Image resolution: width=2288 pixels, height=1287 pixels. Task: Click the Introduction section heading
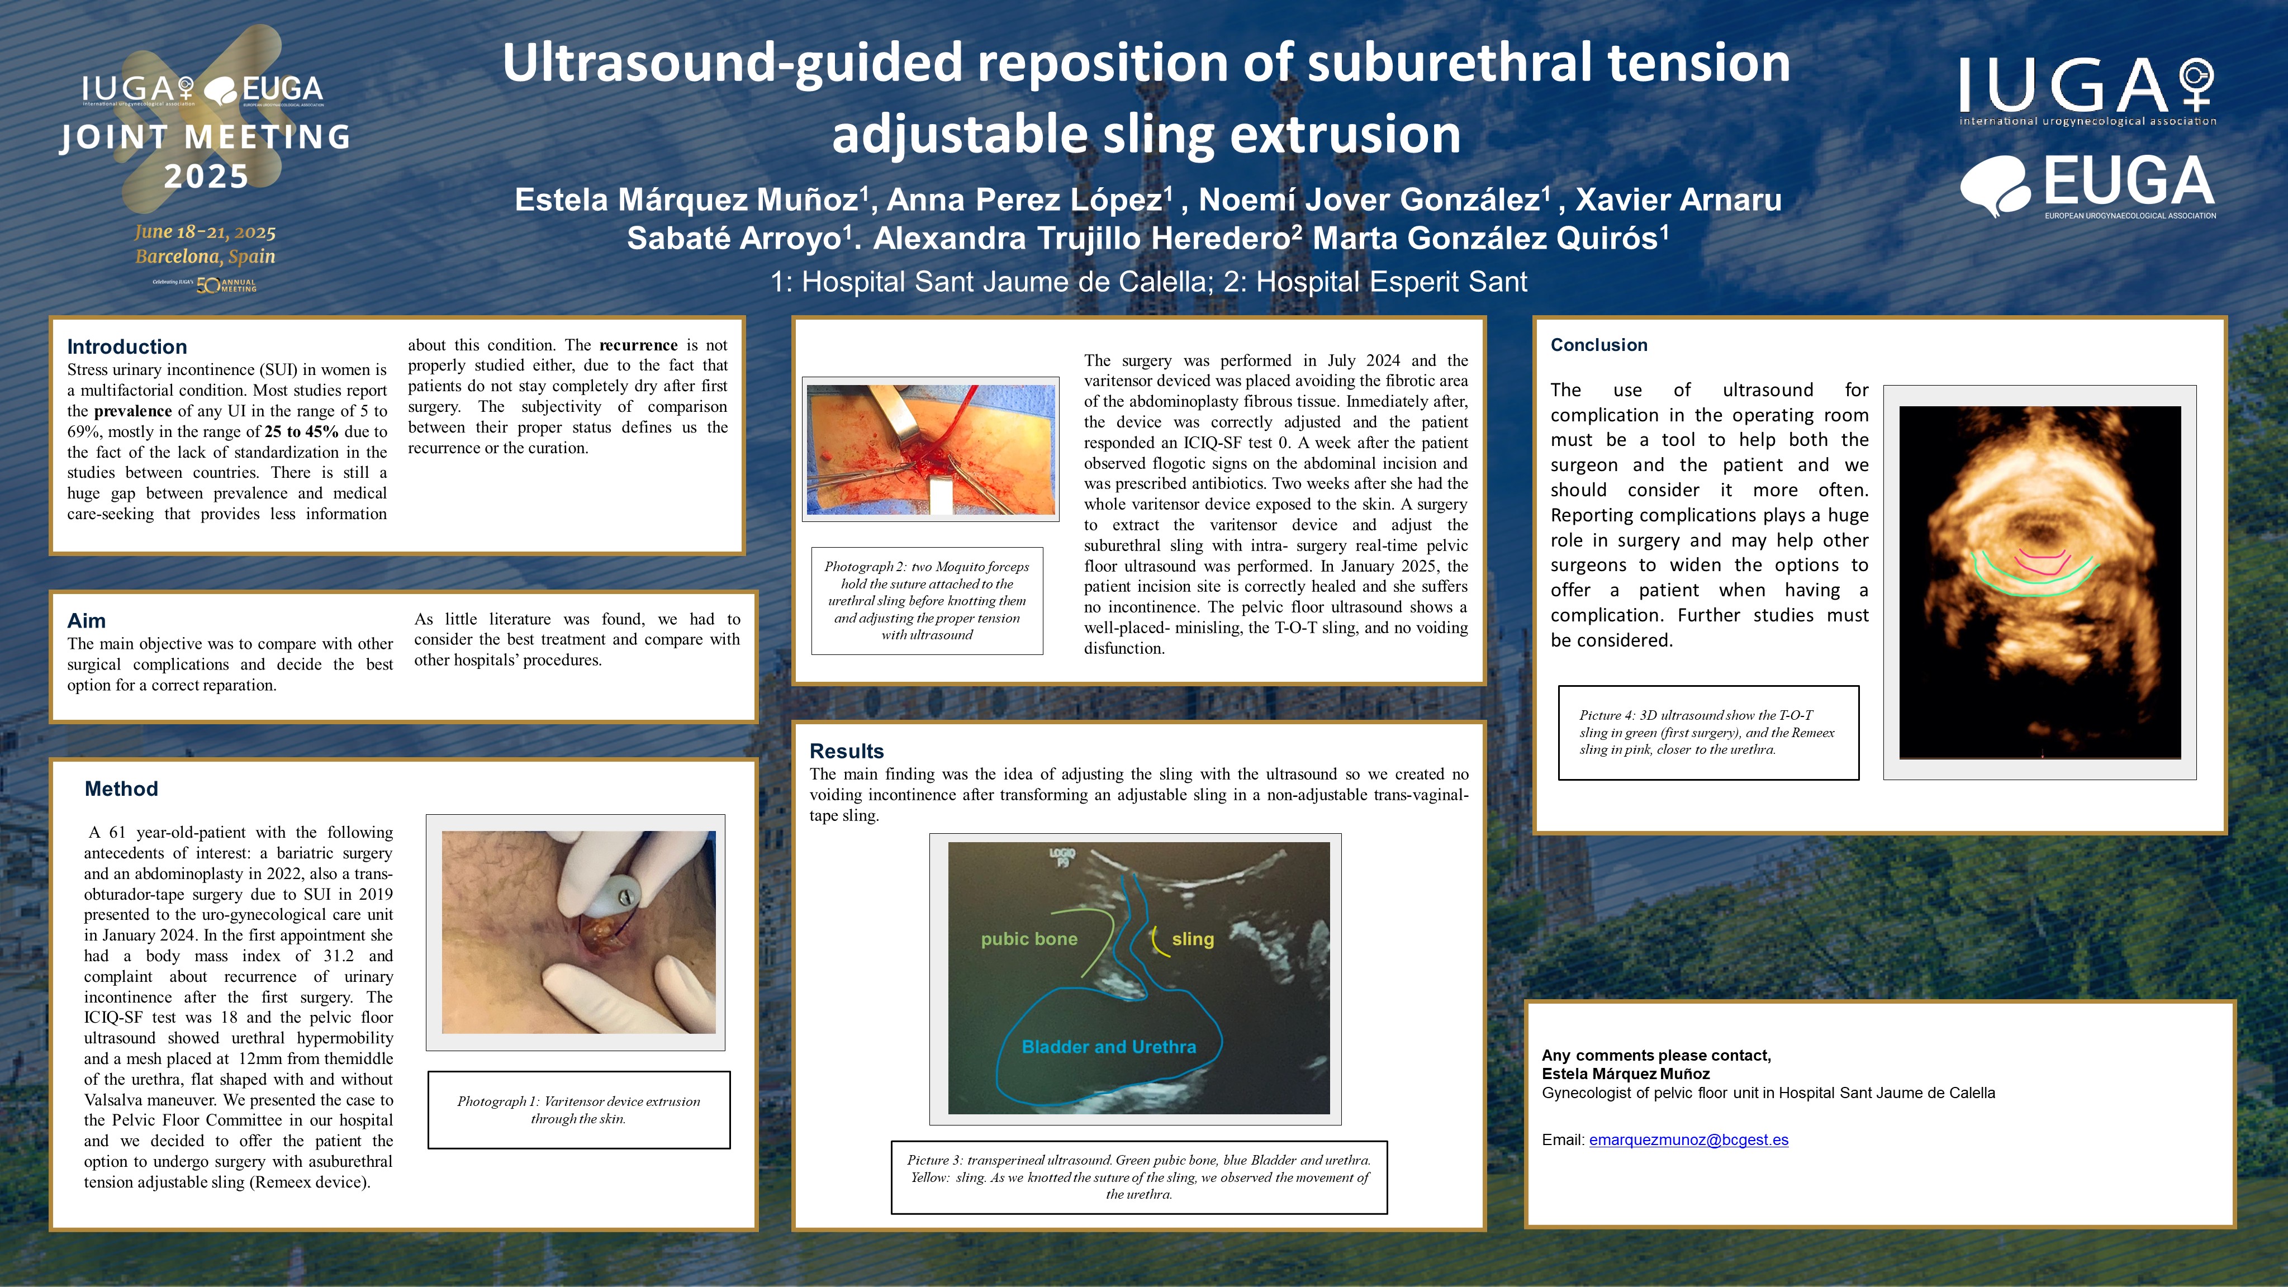[x=127, y=346]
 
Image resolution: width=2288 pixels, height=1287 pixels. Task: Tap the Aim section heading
[x=86, y=620]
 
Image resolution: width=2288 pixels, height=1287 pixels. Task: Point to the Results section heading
[x=847, y=751]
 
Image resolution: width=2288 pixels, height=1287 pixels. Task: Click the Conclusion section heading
[x=1599, y=345]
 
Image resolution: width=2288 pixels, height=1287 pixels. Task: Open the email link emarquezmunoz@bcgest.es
[x=1688, y=1139]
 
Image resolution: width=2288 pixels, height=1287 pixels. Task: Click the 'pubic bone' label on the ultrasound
[x=1028, y=939]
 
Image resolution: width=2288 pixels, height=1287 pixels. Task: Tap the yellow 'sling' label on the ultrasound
[x=1192, y=939]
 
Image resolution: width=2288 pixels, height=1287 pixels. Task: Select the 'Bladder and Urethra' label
[x=1108, y=1047]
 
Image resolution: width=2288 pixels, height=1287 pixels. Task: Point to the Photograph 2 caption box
[x=927, y=600]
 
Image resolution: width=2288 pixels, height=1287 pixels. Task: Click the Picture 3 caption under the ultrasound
[x=1138, y=1177]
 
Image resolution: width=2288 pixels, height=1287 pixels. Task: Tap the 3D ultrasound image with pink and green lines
[x=2039, y=582]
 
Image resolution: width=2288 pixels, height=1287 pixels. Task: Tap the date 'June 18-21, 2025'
[x=205, y=232]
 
